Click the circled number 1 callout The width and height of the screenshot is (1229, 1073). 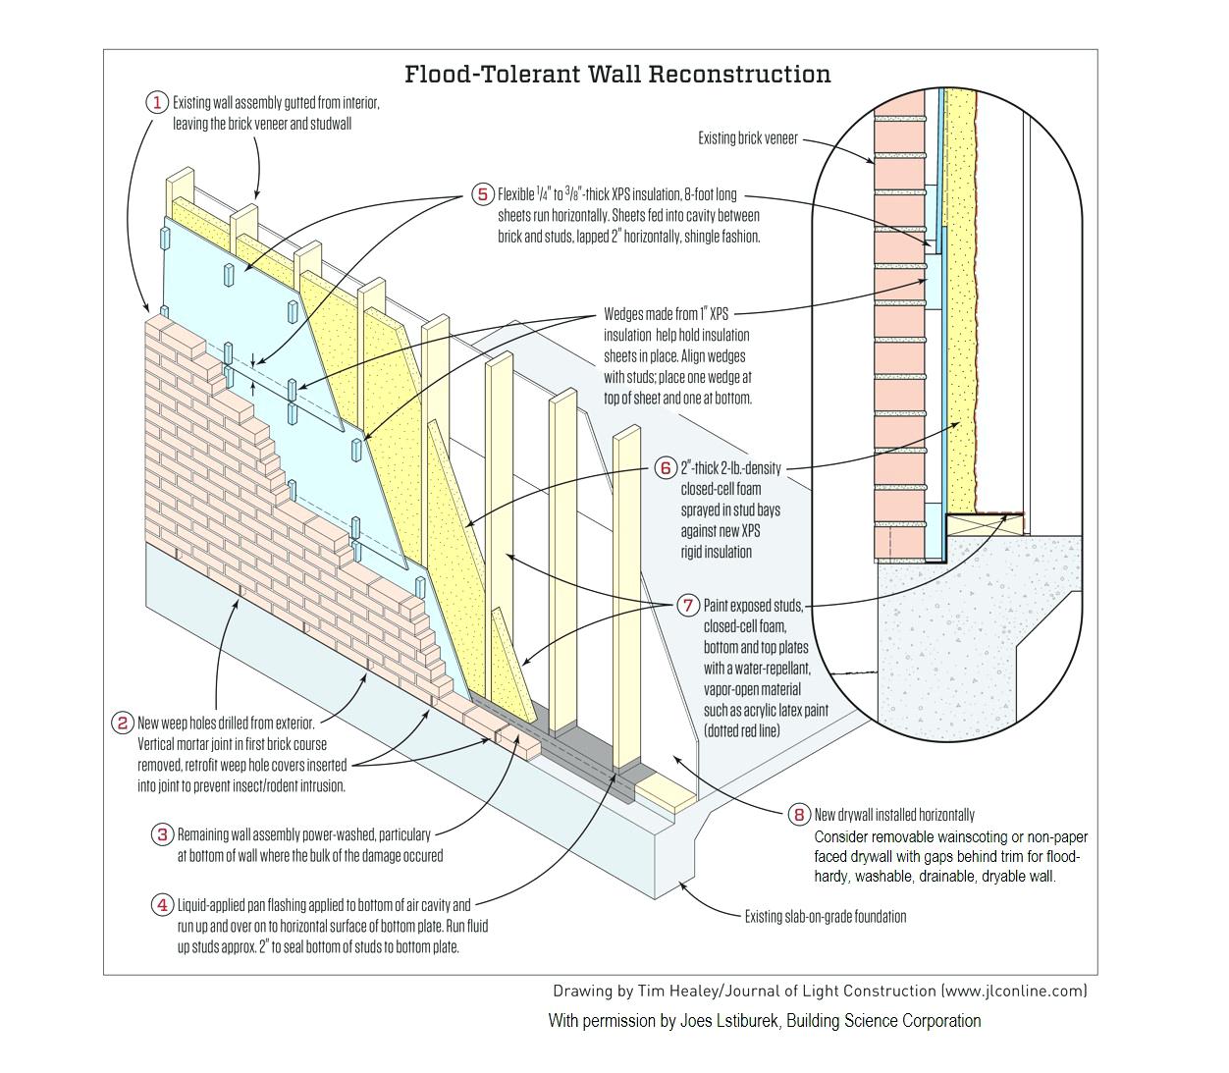[x=157, y=102]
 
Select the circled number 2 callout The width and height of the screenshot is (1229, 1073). [x=123, y=724]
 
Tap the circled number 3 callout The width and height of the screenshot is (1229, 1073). [x=162, y=834]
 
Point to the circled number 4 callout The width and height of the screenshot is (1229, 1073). [x=162, y=905]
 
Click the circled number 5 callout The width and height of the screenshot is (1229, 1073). [x=482, y=194]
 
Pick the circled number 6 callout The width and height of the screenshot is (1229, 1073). [x=666, y=468]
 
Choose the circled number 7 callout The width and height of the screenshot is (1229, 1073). [x=688, y=606]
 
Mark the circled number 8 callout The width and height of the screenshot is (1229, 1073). [x=799, y=815]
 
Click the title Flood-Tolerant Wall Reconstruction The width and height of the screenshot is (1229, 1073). [x=617, y=75]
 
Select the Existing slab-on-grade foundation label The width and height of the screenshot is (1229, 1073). [x=825, y=917]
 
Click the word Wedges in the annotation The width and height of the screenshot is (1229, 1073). [x=624, y=315]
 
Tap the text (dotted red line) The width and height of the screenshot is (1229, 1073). [x=741, y=730]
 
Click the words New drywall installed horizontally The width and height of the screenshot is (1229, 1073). [x=894, y=815]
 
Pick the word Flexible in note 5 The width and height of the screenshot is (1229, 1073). [x=515, y=194]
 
